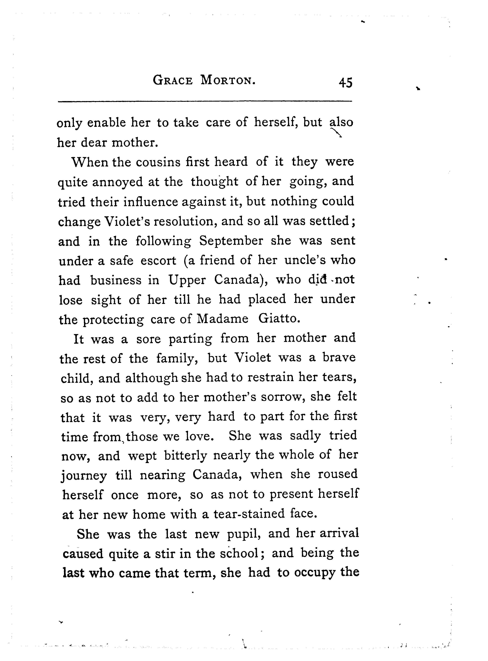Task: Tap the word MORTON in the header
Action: click(x=228, y=80)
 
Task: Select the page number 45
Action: click(x=346, y=83)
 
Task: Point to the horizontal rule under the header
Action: click(x=205, y=102)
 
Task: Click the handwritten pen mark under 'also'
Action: click(x=336, y=133)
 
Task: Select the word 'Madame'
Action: click(x=222, y=319)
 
